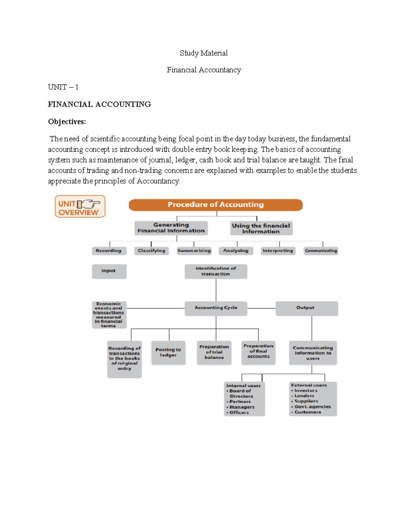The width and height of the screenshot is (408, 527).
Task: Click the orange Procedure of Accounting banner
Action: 216,205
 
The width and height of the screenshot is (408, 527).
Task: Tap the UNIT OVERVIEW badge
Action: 80,206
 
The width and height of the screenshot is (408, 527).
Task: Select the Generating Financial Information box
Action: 171,228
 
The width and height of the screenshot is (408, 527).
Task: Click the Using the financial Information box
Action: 261,228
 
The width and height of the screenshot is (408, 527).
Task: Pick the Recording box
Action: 109,251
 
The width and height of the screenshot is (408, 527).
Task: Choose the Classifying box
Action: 151,251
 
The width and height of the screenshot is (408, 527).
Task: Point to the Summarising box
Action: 194,251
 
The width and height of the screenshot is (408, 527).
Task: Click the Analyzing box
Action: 236,251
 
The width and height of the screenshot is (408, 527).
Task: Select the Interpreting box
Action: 278,251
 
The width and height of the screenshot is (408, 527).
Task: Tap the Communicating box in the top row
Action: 321,251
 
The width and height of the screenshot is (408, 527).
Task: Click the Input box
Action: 109,271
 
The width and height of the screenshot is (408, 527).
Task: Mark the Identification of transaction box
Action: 216,271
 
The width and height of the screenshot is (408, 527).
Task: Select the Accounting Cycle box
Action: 216,308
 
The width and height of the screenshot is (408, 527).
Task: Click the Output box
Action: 306,308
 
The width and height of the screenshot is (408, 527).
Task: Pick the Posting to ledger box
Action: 168,353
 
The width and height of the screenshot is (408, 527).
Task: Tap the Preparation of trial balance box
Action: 214,353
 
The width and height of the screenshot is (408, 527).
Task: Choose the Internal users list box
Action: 244,399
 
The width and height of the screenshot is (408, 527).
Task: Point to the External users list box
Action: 312,399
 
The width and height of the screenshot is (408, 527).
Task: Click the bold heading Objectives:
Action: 67,122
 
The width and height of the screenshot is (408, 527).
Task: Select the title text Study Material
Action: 204,53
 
